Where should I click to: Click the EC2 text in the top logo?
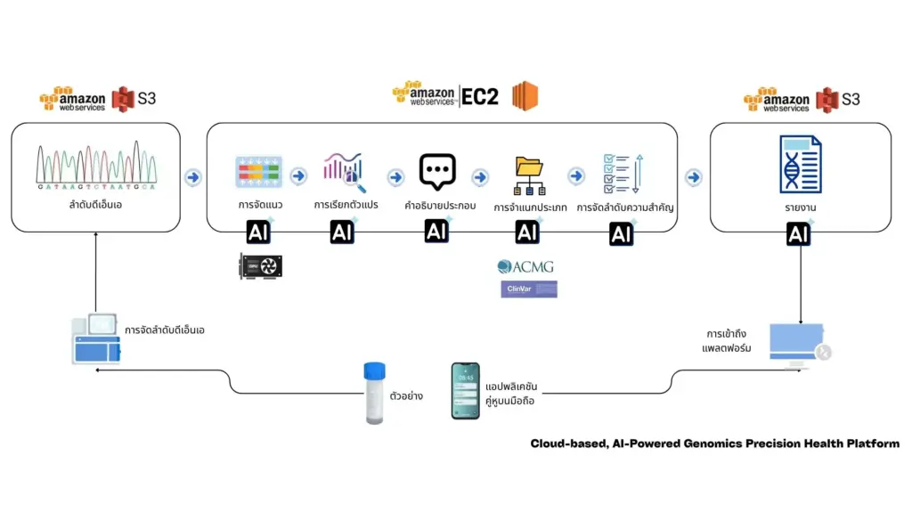point(480,96)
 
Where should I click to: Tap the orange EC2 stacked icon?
point(525,95)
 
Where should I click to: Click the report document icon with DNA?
point(799,165)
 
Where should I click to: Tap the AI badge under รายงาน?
point(799,234)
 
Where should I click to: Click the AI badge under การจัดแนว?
point(259,232)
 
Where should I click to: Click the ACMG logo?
point(527,266)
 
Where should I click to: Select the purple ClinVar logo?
point(528,289)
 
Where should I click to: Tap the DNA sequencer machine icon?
point(96,338)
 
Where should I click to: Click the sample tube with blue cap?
point(375,392)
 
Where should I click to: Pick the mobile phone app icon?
point(465,390)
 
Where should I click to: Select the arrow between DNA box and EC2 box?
point(192,177)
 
